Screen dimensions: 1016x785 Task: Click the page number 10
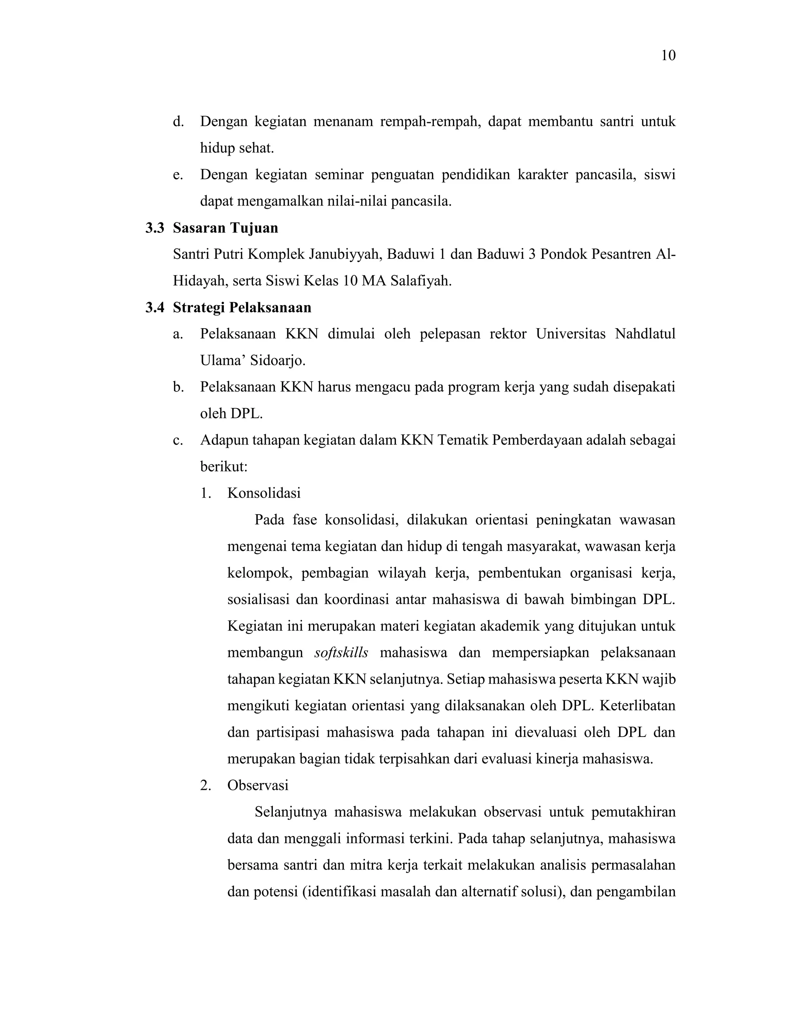click(668, 56)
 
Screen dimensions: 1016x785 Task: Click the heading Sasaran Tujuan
click(225, 228)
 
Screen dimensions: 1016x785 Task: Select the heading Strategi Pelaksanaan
click(242, 307)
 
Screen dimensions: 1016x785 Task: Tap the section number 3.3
click(155, 228)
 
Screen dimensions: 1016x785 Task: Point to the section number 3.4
click(155, 307)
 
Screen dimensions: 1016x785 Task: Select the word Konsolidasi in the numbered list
click(264, 493)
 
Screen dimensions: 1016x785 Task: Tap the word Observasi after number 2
click(258, 785)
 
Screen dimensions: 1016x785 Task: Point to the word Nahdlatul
click(645, 334)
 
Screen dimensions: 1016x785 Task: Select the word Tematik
click(462, 440)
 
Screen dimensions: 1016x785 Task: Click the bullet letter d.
click(177, 122)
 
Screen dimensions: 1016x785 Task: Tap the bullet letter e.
click(177, 175)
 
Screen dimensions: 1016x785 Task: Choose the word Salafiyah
click(421, 281)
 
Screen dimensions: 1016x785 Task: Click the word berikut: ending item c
click(223, 467)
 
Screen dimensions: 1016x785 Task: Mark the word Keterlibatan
click(637, 706)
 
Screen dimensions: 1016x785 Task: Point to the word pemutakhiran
click(633, 812)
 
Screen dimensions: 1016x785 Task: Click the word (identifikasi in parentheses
click(339, 892)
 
